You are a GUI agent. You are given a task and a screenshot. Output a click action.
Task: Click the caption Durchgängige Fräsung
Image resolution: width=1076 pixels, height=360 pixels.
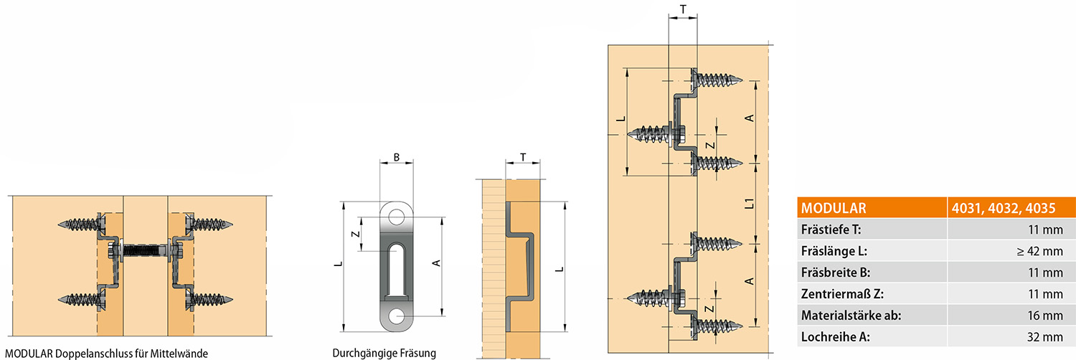tap(384, 353)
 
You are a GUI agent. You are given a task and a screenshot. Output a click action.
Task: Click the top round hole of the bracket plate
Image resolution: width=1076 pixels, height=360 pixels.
tap(396, 214)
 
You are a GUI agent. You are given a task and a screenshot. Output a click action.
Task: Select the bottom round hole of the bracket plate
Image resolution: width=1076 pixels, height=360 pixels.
tap(396, 316)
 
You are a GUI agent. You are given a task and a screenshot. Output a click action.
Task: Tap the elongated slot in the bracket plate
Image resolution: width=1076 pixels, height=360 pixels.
tap(396, 269)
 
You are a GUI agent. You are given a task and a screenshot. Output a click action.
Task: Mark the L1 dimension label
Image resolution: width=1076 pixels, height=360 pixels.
tap(749, 204)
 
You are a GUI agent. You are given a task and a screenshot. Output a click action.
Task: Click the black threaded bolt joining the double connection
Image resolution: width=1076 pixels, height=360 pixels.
tap(144, 251)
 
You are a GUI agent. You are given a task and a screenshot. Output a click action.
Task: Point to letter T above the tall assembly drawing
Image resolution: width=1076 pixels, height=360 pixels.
tap(682, 9)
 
